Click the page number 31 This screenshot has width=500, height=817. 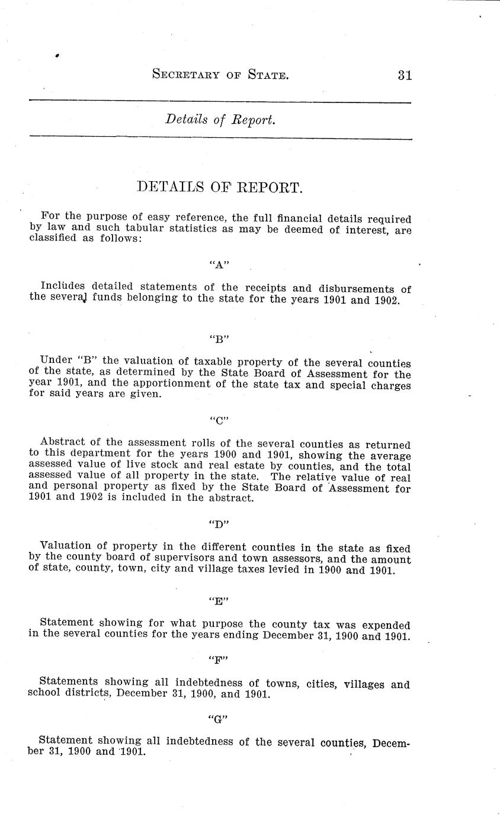(405, 75)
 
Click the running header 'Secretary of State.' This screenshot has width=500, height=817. (220, 75)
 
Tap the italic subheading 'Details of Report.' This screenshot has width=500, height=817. (220, 120)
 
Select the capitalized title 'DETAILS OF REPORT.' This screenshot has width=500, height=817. (220, 188)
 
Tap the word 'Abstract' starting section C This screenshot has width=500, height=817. (62, 443)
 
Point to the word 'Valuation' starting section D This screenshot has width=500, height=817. (64, 546)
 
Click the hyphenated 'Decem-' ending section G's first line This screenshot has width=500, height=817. (389, 742)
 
